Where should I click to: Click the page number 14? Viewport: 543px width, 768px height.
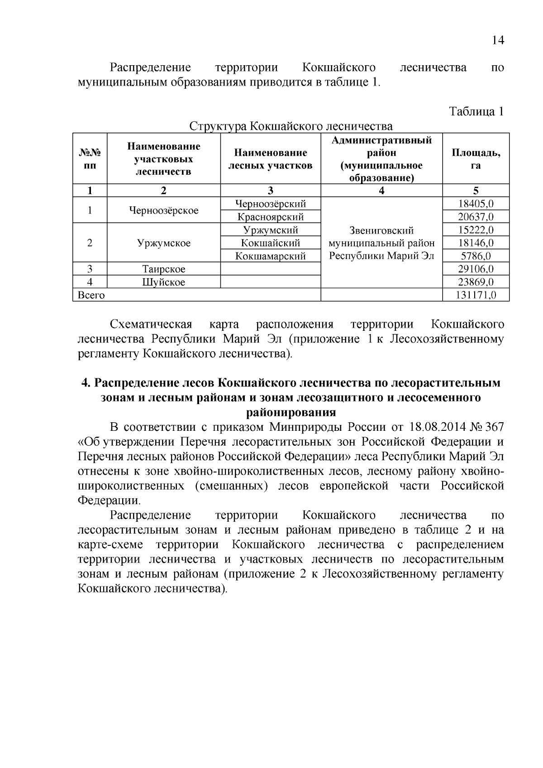coord(497,40)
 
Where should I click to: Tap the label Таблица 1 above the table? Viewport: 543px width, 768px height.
coord(476,112)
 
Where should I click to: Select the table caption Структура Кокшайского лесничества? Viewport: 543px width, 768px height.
coord(291,126)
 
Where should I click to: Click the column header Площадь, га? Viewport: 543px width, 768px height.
coord(476,158)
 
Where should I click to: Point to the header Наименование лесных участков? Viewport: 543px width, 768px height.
coord(271,159)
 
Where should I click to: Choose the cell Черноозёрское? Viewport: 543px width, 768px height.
coord(163,210)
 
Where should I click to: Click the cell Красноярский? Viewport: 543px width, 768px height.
coord(271,217)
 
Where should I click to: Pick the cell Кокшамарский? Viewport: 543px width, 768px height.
coord(271,256)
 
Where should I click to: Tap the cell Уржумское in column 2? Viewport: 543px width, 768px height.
coord(163,243)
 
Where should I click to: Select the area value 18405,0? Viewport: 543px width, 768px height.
coord(476,204)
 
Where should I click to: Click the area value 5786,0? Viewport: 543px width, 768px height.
coord(476,256)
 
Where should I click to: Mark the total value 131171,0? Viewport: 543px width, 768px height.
coord(476,296)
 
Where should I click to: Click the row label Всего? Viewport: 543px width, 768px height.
coord(91,296)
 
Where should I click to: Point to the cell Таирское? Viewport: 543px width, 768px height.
coord(163,269)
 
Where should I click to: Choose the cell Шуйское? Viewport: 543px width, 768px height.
coord(163,282)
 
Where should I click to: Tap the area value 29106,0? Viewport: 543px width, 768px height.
coord(476,269)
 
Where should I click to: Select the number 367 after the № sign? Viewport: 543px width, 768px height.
coord(494,427)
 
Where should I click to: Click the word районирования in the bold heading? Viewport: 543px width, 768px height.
coord(291,412)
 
